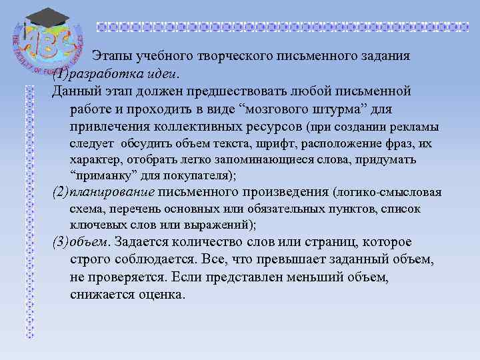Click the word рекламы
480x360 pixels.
click(x=415, y=127)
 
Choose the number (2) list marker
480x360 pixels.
click(x=59, y=193)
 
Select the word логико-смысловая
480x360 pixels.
click(x=395, y=193)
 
